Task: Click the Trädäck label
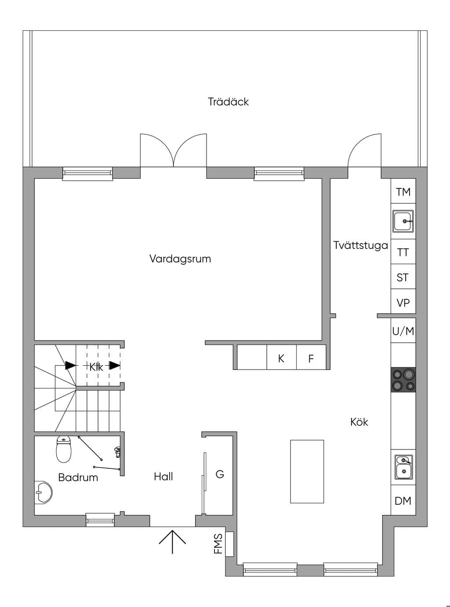[228, 102]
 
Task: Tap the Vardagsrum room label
[180, 259]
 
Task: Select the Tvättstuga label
[361, 245]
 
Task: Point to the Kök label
[359, 422]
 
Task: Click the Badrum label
[78, 478]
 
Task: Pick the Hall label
[163, 477]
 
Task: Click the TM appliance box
[403, 191]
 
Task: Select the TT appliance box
[403, 251]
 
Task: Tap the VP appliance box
[403, 302]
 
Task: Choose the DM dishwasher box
[403, 500]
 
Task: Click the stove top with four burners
[403, 380]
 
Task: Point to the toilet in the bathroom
[64, 449]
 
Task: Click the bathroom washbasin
[44, 492]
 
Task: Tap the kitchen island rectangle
[307, 471]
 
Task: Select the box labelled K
[281, 357]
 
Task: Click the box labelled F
[311, 357]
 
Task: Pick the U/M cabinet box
[403, 330]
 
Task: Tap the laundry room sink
[403, 221]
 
